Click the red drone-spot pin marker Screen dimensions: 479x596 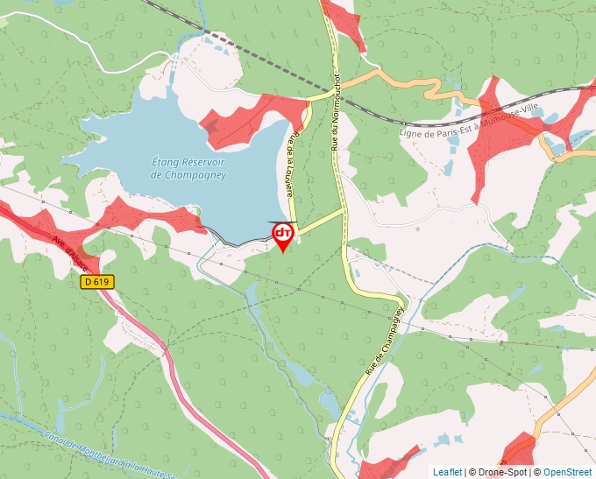(x=283, y=235)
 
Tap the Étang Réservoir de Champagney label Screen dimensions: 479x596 (x=188, y=168)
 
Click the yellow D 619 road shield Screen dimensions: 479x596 (x=97, y=282)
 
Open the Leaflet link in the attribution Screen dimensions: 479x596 (x=447, y=472)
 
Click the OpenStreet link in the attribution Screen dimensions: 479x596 (x=567, y=472)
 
